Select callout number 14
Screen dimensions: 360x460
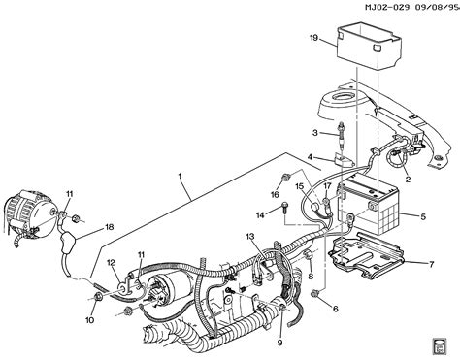[260, 215]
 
